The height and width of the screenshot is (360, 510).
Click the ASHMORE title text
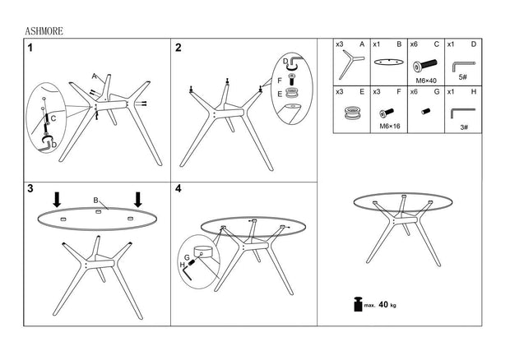coord(44,31)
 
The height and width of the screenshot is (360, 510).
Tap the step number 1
coord(30,48)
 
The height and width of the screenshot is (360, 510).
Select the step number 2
coord(178,48)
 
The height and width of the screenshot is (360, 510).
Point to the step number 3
coord(30,189)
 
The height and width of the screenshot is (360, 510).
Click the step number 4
coord(178,189)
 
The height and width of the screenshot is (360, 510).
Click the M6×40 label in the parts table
coord(426,81)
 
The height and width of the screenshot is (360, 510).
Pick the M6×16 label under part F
coord(390,126)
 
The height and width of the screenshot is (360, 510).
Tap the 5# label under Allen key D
coord(463,77)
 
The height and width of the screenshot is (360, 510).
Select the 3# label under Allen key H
coord(464,127)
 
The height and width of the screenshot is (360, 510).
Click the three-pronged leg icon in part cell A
coord(350,63)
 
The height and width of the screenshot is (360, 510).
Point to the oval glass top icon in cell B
coord(389,62)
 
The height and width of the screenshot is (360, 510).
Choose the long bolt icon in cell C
coord(424,65)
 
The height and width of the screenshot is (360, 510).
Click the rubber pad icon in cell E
coord(352,112)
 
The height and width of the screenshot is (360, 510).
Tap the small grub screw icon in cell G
coord(426,112)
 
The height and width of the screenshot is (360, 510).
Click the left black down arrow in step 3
coord(57,200)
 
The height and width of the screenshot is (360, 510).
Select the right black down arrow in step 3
coord(138,200)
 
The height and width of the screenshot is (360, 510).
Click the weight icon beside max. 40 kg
coord(358,304)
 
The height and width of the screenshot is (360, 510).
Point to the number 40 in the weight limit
coord(383,304)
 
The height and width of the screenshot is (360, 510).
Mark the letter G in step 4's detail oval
coord(187,257)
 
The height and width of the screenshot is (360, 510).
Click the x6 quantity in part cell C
coord(414,44)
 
